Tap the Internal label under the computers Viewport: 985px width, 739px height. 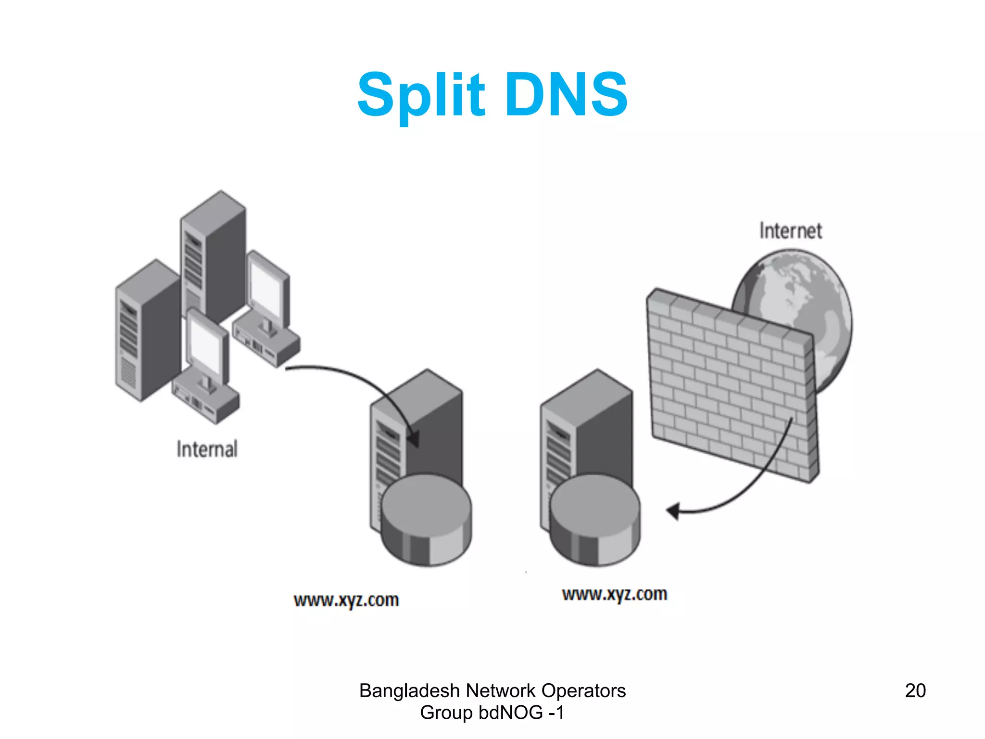coord(207,449)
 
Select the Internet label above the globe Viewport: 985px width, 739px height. coord(790,231)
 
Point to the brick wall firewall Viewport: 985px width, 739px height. coord(731,385)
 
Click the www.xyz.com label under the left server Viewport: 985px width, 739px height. coord(346,600)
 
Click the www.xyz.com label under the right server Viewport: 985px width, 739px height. coord(614,594)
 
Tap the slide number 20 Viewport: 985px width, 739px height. coord(915,690)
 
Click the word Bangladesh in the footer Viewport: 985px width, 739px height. coord(409,691)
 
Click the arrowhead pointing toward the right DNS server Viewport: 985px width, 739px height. coord(673,511)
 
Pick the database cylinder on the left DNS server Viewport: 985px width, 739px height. coord(426,520)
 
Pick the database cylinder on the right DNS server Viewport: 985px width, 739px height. coord(595,520)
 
